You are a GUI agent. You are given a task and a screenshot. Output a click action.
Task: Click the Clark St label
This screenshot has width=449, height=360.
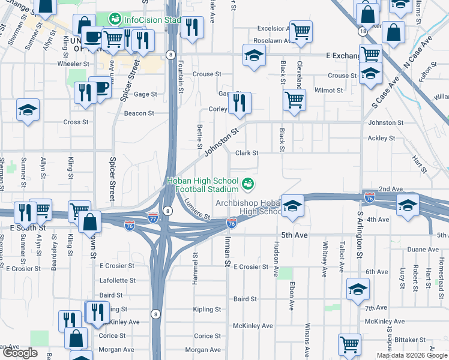[x=247, y=153]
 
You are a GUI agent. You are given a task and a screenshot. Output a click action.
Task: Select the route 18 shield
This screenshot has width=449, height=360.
[x=362, y=30]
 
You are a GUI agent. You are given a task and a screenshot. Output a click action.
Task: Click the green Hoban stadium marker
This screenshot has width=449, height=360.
[x=248, y=182]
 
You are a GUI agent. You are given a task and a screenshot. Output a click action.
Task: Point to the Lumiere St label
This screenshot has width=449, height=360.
[x=197, y=208]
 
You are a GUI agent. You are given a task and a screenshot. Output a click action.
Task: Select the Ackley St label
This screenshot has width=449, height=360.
[x=381, y=138]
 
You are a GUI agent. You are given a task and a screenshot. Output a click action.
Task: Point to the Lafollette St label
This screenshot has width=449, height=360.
[x=117, y=280]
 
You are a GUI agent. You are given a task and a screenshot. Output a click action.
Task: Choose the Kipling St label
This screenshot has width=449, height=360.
[x=207, y=310]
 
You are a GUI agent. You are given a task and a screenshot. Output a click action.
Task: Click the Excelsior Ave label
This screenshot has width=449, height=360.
[x=274, y=28]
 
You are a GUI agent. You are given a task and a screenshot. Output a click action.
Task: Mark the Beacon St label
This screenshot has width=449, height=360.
[x=139, y=113]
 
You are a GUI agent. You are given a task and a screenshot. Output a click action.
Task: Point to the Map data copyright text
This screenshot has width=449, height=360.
[x=412, y=355]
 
